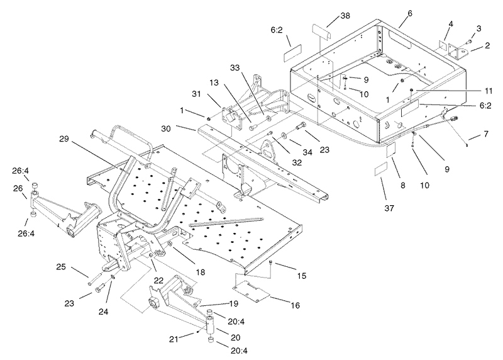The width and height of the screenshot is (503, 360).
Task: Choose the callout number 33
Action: click(235, 67)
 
